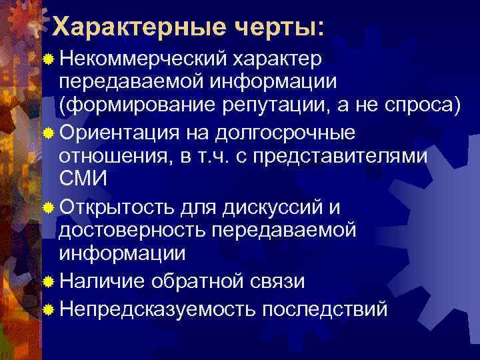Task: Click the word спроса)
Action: click(x=425, y=105)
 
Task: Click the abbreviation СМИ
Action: click(x=83, y=179)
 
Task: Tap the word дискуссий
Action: click(x=267, y=207)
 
